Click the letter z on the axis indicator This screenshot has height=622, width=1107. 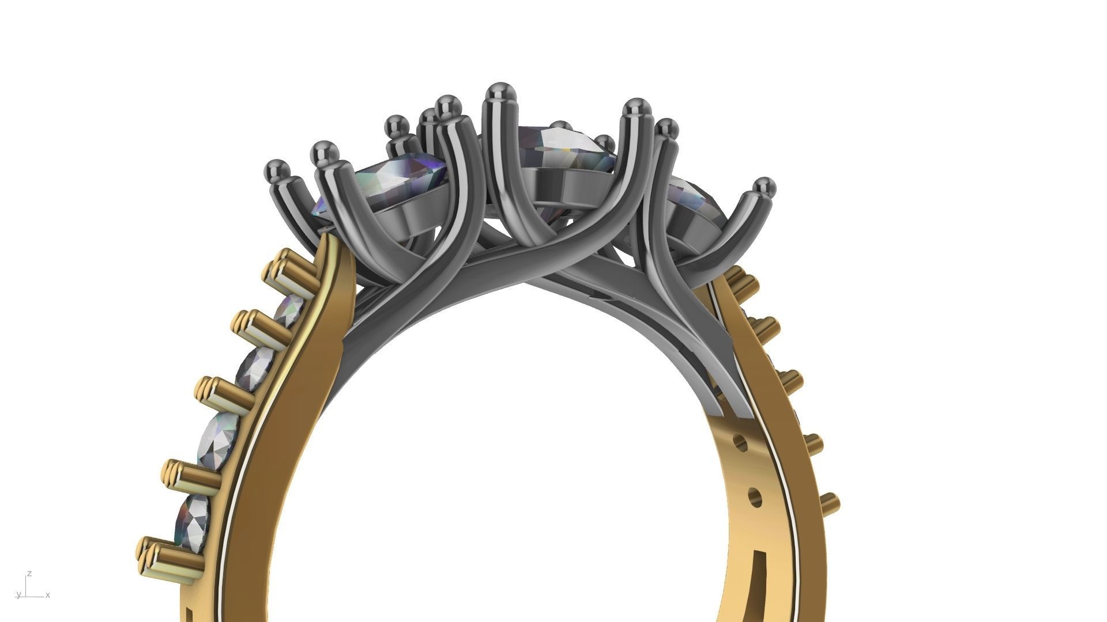tap(29, 574)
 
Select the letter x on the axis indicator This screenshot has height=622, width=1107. tap(48, 595)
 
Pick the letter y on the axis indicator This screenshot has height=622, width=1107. tap(18, 594)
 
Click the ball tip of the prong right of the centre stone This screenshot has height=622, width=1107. tap(636, 107)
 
